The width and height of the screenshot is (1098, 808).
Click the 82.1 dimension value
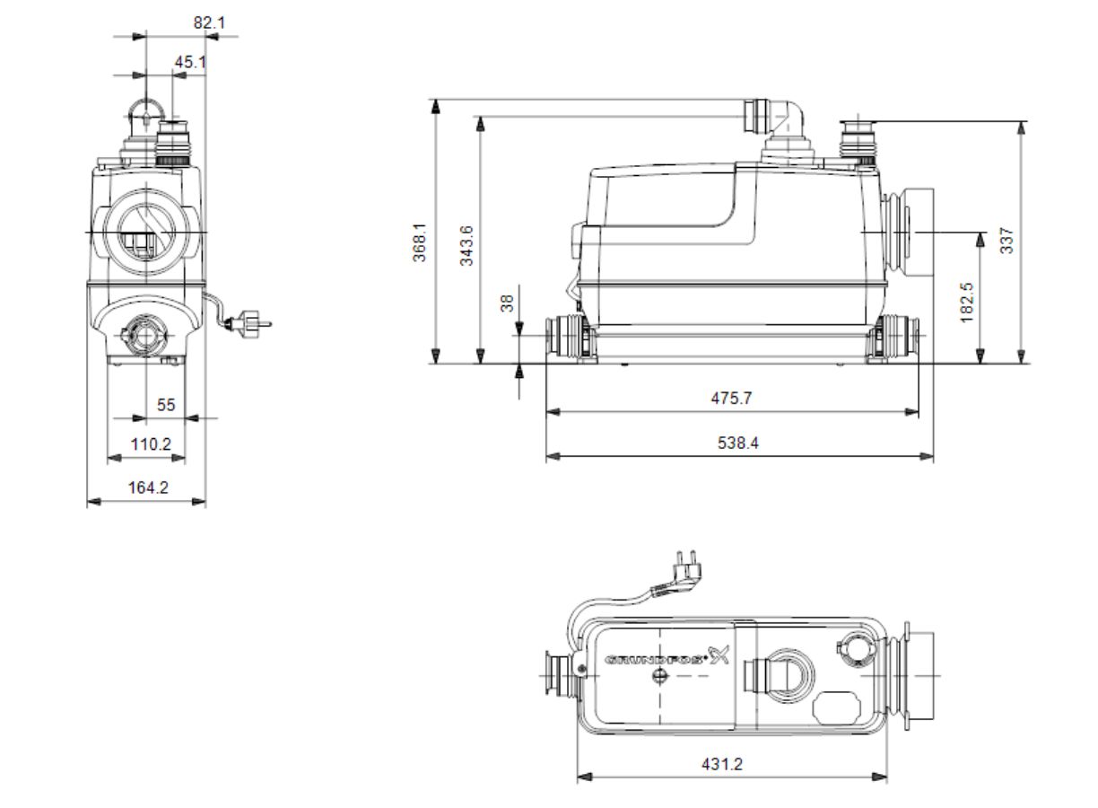point(209,22)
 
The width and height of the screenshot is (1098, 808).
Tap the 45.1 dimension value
point(190,62)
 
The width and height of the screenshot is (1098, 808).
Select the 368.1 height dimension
point(420,242)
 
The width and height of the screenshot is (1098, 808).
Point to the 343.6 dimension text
point(466,245)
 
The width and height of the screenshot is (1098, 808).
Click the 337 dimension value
point(1006,241)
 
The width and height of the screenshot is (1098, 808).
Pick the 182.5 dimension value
point(967,303)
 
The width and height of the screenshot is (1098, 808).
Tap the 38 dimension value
point(508,303)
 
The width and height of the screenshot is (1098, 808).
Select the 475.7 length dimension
point(731,398)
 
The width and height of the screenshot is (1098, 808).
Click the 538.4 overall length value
point(737,443)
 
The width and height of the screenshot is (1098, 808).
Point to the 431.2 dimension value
point(722,764)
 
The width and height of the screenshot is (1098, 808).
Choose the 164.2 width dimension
point(148,487)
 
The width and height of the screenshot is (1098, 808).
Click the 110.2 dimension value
point(151,444)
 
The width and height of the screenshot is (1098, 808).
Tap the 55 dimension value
point(166,405)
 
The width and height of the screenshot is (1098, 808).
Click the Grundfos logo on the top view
point(667,657)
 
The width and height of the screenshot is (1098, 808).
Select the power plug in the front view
point(249,324)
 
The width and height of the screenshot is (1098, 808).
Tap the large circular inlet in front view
point(146,233)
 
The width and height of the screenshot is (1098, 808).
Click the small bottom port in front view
point(145,336)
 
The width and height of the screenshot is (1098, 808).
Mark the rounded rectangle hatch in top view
point(837,707)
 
